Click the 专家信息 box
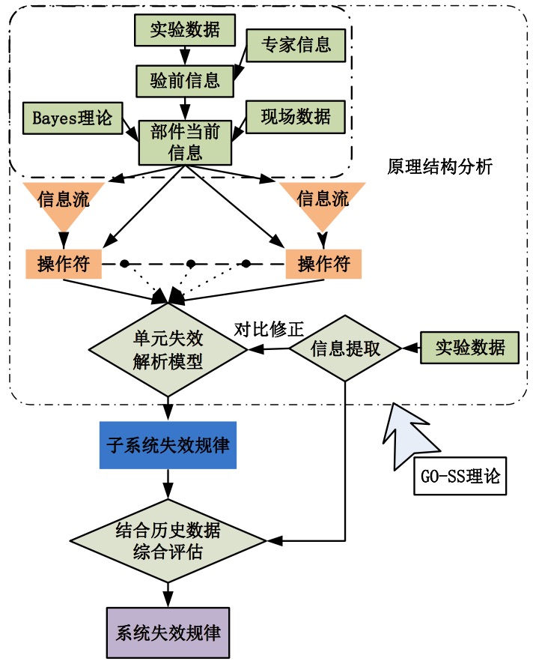click(x=296, y=45)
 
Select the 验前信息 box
click(x=183, y=77)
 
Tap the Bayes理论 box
click(x=73, y=117)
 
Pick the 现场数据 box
click(x=296, y=117)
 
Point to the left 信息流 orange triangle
click(x=62, y=204)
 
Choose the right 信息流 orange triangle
click(x=323, y=204)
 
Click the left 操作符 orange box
click(x=63, y=265)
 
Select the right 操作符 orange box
click(x=323, y=265)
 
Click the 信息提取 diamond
click(x=345, y=348)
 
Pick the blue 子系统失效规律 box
click(x=168, y=445)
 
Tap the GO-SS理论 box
click(x=460, y=474)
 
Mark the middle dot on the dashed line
click(x=191, y=264)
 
